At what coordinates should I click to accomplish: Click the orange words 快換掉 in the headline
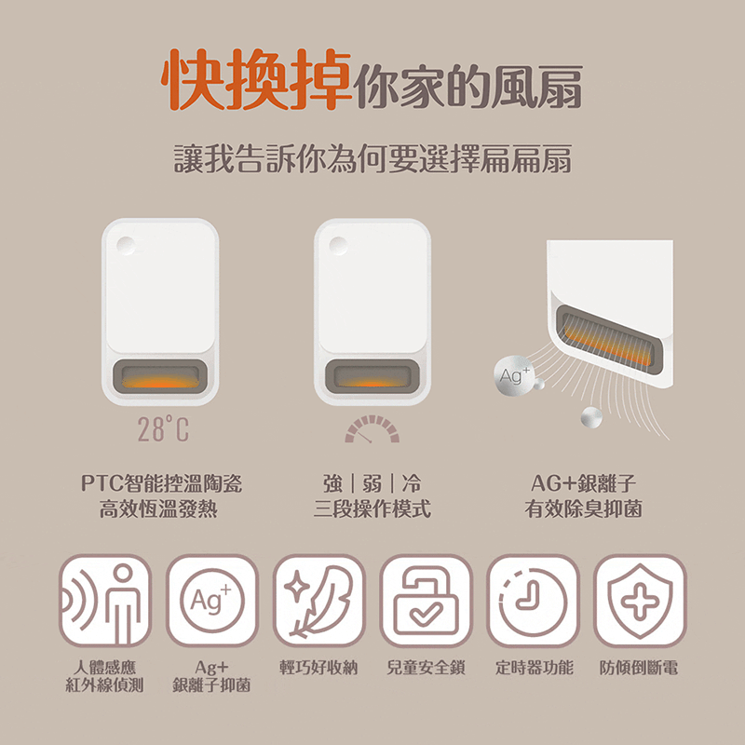(x=256, y=79)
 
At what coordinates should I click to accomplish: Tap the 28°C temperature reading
(x=163, y=428)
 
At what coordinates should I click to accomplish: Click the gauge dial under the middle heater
(x=372, y=428)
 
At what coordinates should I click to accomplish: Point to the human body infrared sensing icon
(x=105, y=601)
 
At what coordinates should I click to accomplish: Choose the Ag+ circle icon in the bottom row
(x=212, y=601)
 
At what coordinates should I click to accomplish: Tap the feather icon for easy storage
(x=318, y=601)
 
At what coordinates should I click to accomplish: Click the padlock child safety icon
(x=427, y=601)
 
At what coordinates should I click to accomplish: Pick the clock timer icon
(x=533, y=601)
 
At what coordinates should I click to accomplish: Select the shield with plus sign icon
(x=640, y=601)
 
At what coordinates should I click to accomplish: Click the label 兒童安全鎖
(x=427, y=668)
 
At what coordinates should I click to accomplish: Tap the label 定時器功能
(x=534, y=668)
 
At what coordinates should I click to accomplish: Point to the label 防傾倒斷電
(x=639, y=668)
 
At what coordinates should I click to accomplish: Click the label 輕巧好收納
(x=318, y=668)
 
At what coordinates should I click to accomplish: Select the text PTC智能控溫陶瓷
(x=161, y=483)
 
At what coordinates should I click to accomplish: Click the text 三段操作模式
(x=372, y=508)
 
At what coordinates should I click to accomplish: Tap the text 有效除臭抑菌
(x=584, y=508)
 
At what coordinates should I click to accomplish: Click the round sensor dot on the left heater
(x=126, y=246)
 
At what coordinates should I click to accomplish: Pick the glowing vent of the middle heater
(x=372, y=377)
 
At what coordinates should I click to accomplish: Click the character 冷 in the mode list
(x=412, y=483)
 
